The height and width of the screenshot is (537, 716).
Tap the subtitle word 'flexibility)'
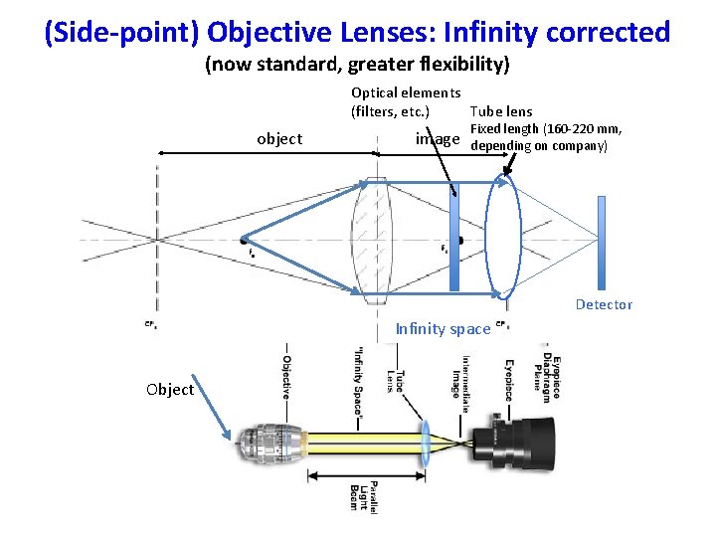point(463,67)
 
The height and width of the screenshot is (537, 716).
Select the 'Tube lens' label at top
point(500,111)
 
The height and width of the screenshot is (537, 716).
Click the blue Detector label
point(604,304)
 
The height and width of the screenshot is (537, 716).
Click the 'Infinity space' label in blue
point(443,329)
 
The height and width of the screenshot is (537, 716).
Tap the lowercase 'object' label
point(279,138)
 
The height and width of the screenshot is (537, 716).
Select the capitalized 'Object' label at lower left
point(170,389)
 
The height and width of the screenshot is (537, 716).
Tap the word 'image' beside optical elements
point(438,139)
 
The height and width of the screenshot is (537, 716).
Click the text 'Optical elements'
point(399,92)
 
